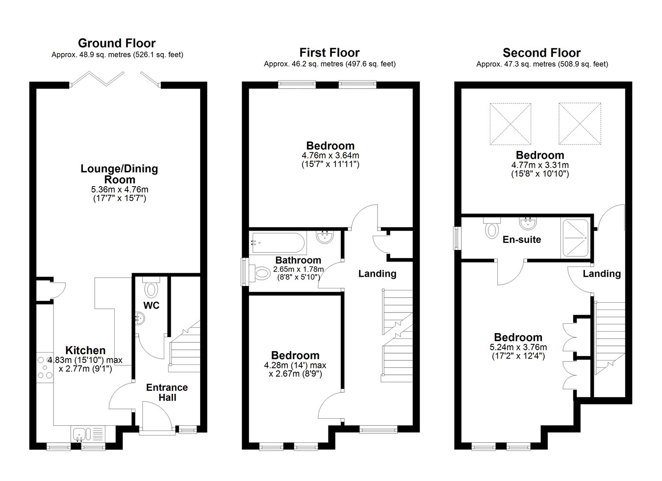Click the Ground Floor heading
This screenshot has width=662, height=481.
117,43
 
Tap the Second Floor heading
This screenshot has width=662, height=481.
542,53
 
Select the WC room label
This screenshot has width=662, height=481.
152,305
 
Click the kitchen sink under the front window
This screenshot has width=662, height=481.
88,434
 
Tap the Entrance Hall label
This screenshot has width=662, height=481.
167,392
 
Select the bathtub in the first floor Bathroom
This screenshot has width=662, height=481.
278,243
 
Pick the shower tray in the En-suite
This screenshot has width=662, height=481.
575,238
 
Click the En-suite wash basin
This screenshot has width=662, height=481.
528,223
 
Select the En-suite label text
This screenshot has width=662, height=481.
522,240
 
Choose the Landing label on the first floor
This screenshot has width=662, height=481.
378,274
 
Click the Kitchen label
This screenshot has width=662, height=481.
85,351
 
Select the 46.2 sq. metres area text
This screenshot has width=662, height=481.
315,64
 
